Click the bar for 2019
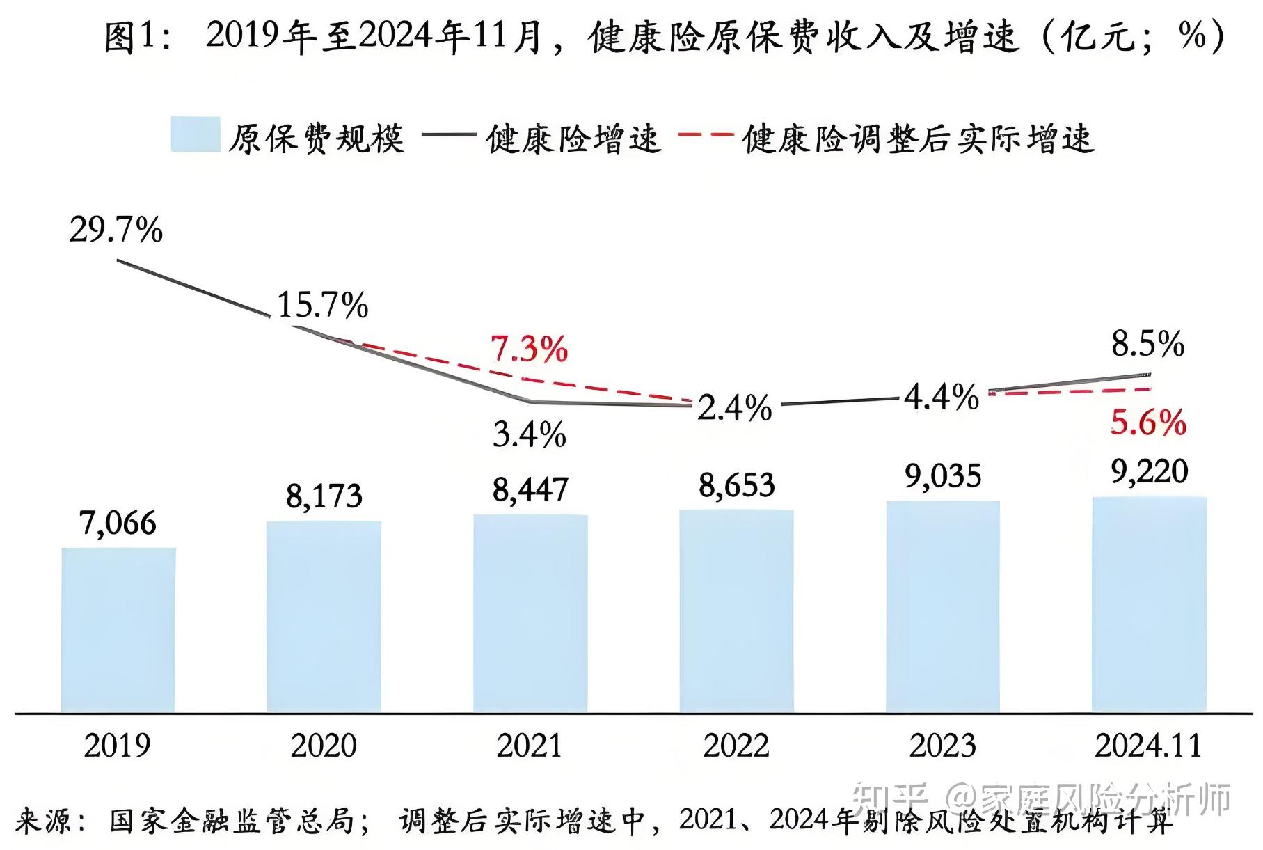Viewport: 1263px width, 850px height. coord(118,630)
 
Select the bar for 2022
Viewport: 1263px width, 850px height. coord(736,611)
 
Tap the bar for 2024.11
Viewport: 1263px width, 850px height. coord(1149,604)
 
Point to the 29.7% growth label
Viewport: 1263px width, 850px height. coord(116,230)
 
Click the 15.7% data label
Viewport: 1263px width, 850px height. coord(323,305)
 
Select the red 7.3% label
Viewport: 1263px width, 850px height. coord(530,349)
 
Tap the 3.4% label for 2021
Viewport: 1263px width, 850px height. coord(530,435)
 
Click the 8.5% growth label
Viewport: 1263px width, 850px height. coord(1147,344)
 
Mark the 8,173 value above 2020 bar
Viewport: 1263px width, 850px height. coord(324,496)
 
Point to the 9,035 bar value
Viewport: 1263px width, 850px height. coord(942,477)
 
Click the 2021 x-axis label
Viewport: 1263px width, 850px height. coord(530,746)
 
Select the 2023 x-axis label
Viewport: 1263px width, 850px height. coord(942,746)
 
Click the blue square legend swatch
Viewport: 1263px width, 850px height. coord(196,134)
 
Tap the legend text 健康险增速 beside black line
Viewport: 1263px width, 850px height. coord(573,139)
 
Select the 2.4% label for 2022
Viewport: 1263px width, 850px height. coord(735,408)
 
